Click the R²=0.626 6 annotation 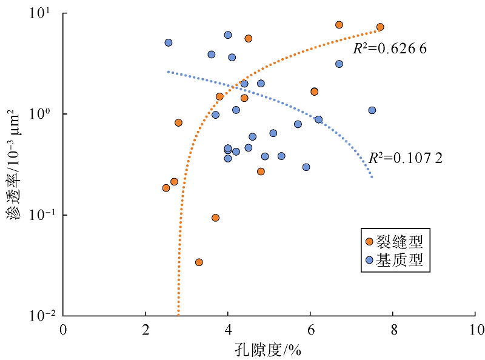coord(390,48)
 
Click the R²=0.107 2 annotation coord(406,158)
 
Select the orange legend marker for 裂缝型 coord(369,242)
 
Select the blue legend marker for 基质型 coord(369,260)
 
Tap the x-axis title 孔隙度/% coord(269,350)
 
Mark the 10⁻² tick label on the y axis coord(41,316)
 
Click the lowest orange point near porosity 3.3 coord(199,262)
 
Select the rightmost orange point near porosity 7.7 coord(380,27)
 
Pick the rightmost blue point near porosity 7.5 coord(372,110)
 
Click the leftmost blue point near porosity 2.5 coord(169,42)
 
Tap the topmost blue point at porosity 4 coord(228,35)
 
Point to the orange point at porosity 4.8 coord(261,172)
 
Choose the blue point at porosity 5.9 coord(306,167)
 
